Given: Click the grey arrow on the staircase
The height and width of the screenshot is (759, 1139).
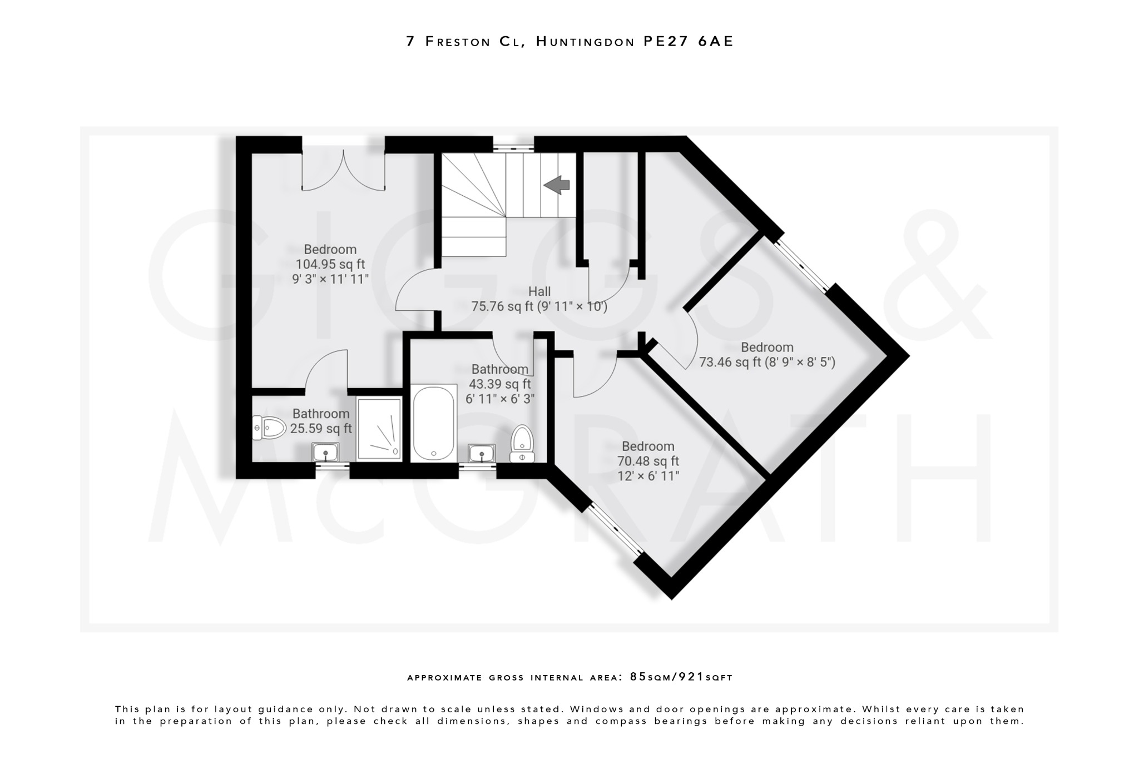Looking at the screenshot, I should pos(557,185).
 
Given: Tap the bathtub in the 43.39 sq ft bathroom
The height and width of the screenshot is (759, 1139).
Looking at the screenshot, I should pos(433,424).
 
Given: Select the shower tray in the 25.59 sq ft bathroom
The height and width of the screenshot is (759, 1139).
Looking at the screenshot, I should pos(379,429).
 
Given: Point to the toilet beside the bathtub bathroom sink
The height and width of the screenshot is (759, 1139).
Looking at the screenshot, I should pos(522,444).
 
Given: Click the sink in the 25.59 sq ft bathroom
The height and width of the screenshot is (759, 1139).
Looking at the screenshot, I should pos(325,452).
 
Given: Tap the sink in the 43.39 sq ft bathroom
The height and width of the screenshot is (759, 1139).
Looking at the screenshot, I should pos(482,453).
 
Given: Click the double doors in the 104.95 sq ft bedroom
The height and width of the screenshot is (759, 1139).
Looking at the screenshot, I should pos(343,169).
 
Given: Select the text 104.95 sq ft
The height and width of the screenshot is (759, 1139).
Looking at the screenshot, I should pos(330,264).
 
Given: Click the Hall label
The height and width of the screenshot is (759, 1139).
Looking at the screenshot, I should pos(539,291).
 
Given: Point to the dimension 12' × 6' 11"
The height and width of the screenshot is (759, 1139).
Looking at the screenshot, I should pos(648,476).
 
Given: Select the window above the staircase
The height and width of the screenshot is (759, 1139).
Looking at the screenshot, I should pos(513,148).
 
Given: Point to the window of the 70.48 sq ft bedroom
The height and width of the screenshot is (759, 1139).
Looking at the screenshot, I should pos(616,529).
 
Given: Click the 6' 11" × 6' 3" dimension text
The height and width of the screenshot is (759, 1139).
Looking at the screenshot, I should pos(499,399).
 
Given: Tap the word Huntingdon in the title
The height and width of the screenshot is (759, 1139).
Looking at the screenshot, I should pos(585,42).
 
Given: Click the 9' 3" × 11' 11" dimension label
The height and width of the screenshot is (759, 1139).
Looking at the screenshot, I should pos(330,279).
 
